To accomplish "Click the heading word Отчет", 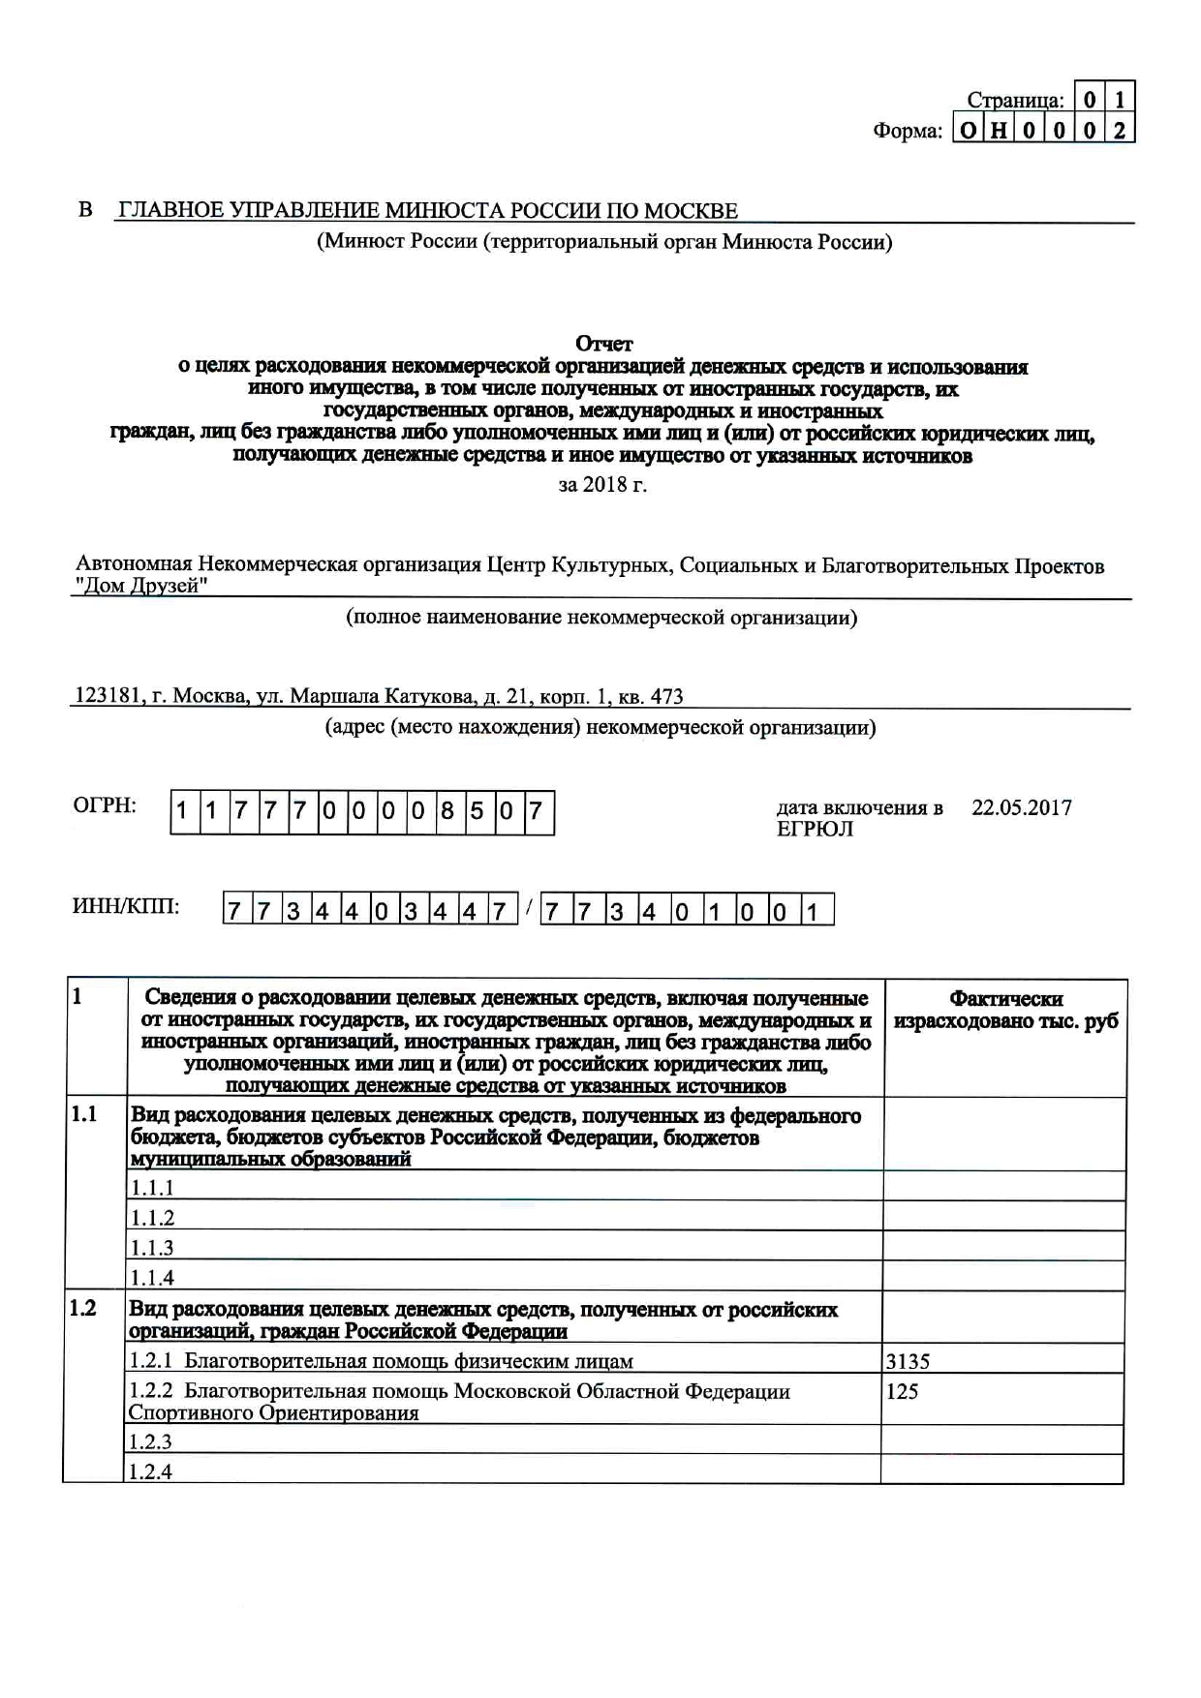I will (x=603, y=344).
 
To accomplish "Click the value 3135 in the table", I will (x=908, y=1361).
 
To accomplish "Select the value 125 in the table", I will (x=902, y=1391).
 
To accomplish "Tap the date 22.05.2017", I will (x=1022, y=808).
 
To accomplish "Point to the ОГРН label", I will (x=105, y=805).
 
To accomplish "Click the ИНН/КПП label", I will (x=126, y=907).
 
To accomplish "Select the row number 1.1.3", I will (x=152, y=1248).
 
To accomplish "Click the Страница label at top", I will (x=1014, y=100).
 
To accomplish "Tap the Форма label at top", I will (x=907, y=131).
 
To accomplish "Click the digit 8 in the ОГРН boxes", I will (x=447, y=811).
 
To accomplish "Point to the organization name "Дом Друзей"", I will (x=141, y=586).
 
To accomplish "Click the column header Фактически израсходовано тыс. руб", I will (x=1005, y=1011).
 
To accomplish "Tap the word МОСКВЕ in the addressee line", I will (x=691, y=211).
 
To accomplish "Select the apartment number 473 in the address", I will (x=666, y=696).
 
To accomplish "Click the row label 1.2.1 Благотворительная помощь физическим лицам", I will (x=381, y=1361).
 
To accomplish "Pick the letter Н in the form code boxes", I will (x=998, y=131).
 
